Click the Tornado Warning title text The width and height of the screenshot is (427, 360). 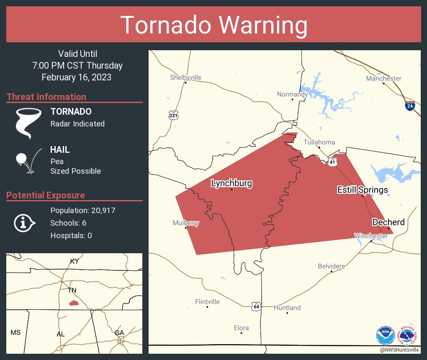point(213,25)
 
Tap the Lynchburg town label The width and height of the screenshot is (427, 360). point(232,183)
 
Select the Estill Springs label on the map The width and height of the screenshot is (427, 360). point(363,190)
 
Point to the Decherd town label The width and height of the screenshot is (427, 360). point(388,222)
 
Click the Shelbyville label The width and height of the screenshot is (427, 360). point(185,77)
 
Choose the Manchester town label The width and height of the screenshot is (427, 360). point(383,78)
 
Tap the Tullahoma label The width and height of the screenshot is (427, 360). point(319,142)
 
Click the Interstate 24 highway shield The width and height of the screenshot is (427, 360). point(410,106)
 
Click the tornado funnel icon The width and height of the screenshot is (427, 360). point(28,123)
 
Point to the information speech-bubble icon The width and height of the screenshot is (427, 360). point(25,223)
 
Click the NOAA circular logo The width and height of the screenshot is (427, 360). point(385,335)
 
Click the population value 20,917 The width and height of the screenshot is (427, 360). point(101,210)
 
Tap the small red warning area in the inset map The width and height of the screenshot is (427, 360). point(74,303)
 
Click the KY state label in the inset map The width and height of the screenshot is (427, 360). point(74,261)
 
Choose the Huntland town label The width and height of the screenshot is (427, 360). point(287,308)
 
